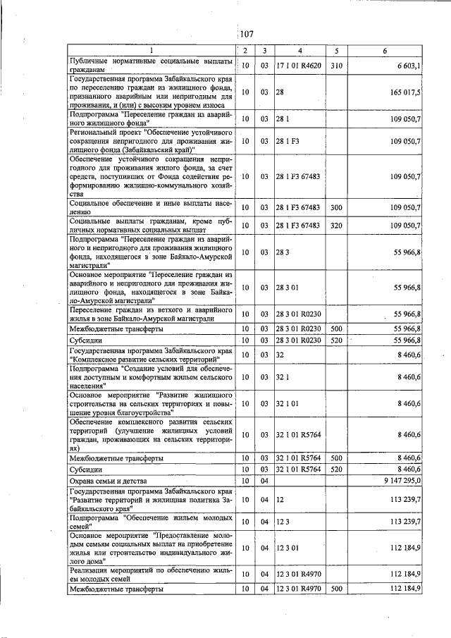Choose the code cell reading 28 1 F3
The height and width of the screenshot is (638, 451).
288,142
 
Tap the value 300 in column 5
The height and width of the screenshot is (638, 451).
335,207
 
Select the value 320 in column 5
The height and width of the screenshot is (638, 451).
335,226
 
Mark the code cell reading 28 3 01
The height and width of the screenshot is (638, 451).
288,288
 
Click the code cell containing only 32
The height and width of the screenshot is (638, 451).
280,355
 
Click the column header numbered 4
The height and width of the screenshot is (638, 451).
299,51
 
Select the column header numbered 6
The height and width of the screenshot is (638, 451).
385,51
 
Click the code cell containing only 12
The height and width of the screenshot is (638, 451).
280,499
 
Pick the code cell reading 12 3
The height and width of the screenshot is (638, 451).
283,522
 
